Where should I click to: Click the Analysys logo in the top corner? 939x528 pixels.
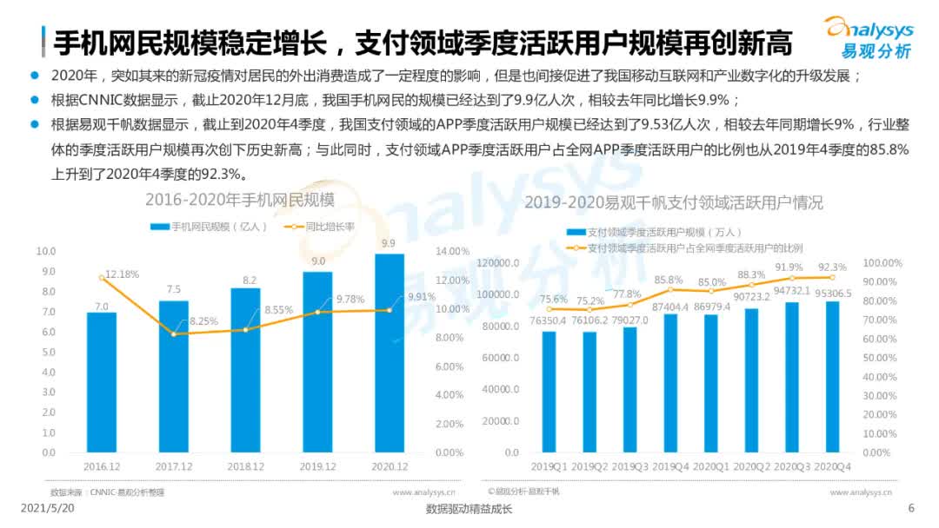(x=869, y=36)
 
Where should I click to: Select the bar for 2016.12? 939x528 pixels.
(x=102, y=382)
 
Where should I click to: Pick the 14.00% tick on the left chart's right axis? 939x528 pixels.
(x=451, y=251)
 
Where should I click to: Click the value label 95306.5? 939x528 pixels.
(x=833, y=293)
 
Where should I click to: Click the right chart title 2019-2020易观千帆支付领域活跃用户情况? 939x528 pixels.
(x=674, y=203)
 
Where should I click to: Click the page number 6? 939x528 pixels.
(x=911, y=508)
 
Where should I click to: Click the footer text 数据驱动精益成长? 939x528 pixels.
(x=469, y=510)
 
